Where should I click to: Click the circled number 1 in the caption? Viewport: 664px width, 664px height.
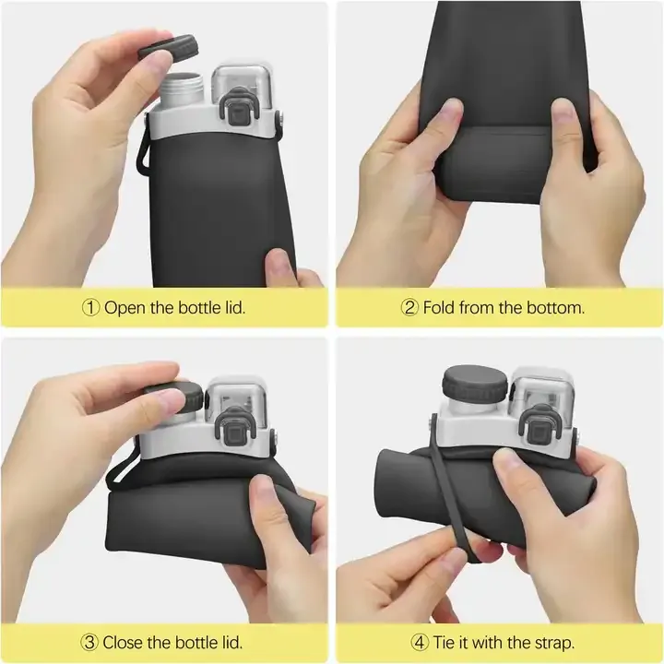tap(90, 308)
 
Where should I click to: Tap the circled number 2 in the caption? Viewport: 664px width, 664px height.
tap(409, 308)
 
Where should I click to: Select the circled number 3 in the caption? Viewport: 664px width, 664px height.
tap(89, 643)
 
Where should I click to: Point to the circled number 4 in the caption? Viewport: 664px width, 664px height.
tap(420, 643)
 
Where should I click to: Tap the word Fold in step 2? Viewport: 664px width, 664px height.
tap(439, 307)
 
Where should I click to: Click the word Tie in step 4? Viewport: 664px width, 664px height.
tap(445, 643)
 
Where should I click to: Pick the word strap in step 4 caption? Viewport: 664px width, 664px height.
tap(554, 644)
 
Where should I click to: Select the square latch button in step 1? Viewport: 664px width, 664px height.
tap(238, 113)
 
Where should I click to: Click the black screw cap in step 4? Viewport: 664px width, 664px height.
tap(475, 385)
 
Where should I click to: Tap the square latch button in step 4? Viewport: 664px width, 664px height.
tap(538, 431)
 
